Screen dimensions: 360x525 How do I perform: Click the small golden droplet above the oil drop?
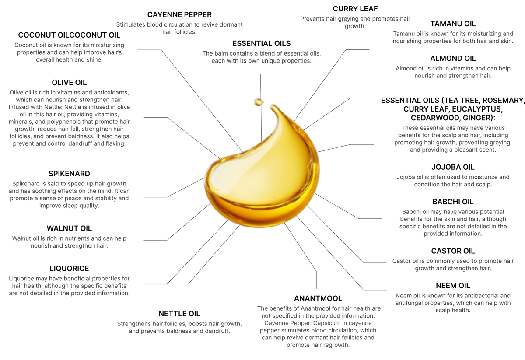[x=259, y=101]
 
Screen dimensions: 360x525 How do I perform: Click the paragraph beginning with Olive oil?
[x=70, y=118]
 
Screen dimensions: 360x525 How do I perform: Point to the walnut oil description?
[x=68, y=241]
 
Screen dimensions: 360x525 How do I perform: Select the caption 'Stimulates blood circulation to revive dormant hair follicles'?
[x=179, y=28]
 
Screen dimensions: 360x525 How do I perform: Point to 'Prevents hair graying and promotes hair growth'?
[x=355, y=22]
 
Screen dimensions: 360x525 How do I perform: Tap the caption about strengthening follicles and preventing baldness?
[x=179, y=327]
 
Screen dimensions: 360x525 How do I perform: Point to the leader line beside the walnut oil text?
[x=184, y=223]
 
